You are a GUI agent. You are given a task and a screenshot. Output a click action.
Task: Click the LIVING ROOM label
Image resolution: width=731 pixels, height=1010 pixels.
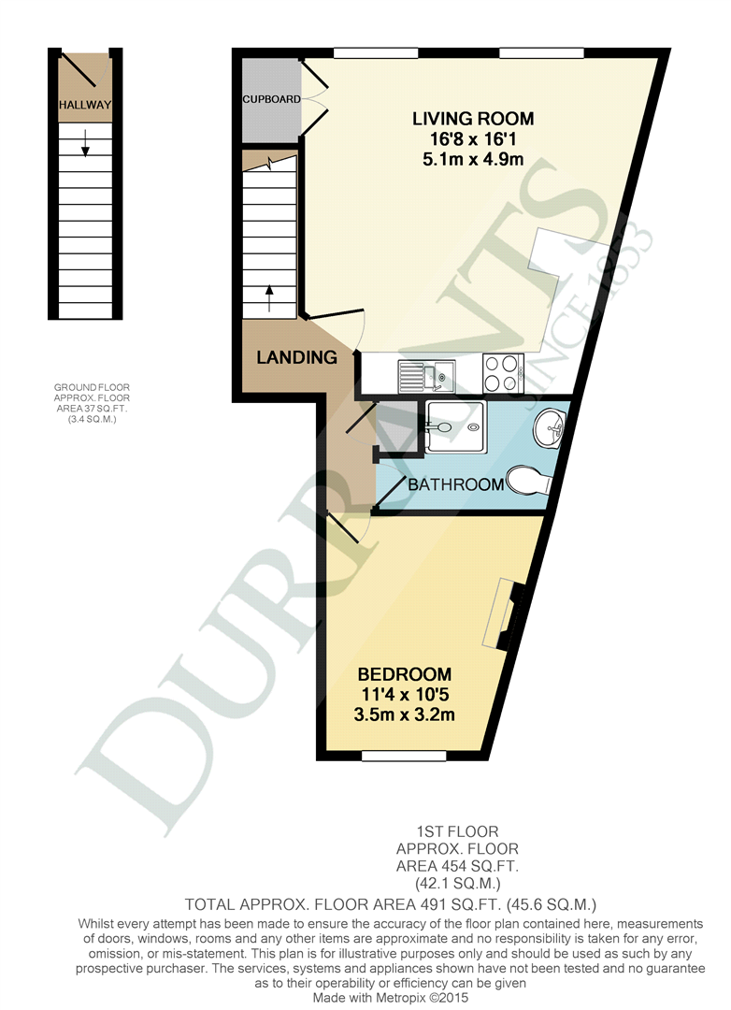pos(473,119)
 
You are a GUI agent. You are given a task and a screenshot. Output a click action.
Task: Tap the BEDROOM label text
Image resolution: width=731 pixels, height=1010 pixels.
pos(405,674)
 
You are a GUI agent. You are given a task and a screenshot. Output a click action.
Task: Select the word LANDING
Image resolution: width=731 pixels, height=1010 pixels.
pos(297,357)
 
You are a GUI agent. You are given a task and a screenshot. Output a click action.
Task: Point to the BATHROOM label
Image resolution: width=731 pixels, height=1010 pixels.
pos(455,484)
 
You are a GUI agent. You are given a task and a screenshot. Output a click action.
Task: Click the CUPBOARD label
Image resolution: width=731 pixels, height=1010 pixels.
pos(271,99)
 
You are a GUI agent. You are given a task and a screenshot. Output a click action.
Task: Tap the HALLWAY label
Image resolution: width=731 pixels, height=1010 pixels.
pos(85,105)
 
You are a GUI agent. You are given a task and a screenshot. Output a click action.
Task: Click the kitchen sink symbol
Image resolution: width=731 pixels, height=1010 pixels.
pos(426,376)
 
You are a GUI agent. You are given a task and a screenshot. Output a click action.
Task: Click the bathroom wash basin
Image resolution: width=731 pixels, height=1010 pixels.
pos(549,427)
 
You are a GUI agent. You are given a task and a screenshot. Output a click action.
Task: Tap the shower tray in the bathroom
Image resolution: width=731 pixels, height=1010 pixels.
pos(454,426)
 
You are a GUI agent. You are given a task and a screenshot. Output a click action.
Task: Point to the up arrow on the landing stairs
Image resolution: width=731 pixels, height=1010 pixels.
pos(269,298)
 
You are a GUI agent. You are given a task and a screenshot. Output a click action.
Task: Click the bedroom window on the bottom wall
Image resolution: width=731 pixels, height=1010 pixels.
pos(404,756)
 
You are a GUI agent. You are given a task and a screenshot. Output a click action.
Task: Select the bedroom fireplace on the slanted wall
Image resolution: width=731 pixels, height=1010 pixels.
pos(507,614)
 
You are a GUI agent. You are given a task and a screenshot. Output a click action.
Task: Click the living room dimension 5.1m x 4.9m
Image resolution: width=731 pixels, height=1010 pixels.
pos(473,159)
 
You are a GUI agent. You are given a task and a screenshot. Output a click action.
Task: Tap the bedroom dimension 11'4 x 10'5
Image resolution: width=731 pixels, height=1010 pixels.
pos(405,694)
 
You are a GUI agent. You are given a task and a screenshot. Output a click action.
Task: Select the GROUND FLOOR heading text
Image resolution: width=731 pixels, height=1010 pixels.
pos(92,387)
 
